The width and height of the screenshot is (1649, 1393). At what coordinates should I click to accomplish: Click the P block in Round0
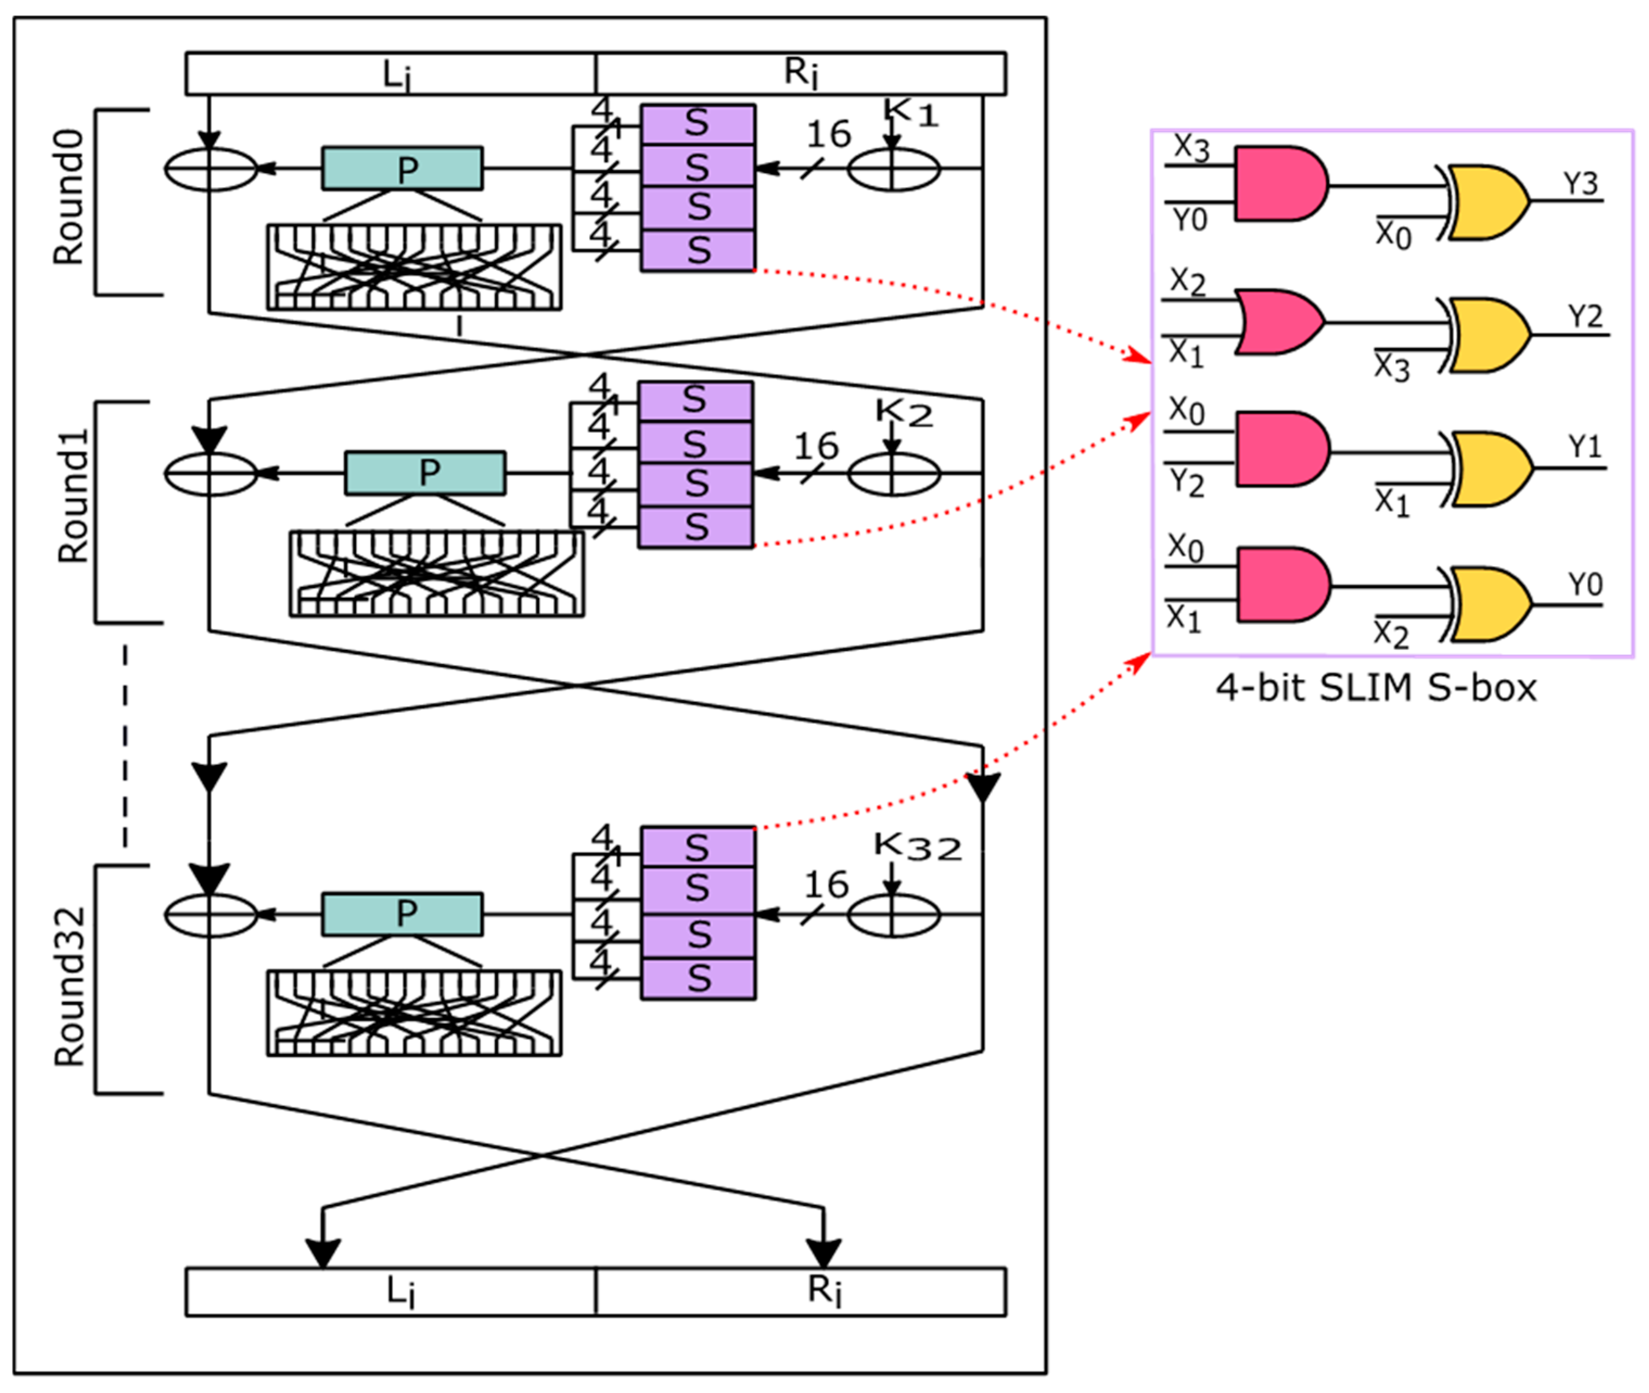(402, 168)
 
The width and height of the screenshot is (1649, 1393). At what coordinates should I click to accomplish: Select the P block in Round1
(425, 473)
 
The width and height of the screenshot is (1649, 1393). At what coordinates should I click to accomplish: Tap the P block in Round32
(402, 913)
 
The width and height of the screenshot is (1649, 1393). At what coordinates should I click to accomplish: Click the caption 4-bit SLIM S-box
(1376, 688)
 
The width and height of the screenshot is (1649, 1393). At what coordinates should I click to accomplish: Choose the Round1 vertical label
(73, 496)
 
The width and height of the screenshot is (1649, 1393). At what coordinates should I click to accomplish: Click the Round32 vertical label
(69, 987)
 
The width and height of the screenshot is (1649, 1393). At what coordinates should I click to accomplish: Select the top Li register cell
(391, 74)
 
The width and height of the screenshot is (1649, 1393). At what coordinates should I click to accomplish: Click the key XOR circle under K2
(893, 474)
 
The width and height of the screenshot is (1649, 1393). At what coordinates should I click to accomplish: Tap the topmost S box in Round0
(698, 124)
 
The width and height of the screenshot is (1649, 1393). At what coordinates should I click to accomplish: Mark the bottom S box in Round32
(698, 979)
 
